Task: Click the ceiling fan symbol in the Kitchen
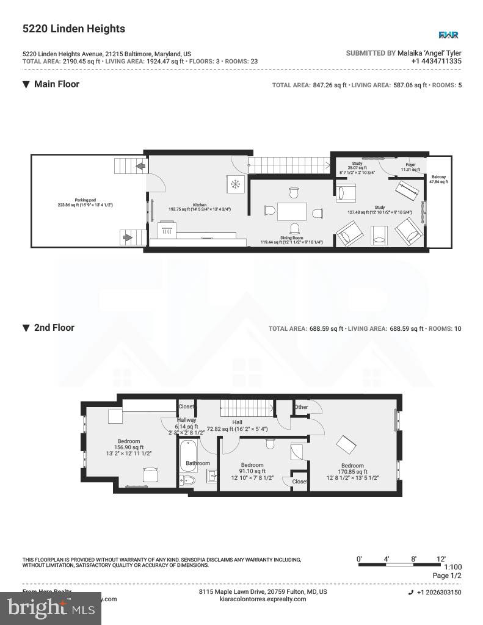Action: tap(234, 183)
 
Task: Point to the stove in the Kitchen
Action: tap(166, 231)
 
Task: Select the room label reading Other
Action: tap(301, 407)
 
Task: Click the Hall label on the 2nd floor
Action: tap(237, 422)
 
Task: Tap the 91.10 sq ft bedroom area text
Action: tap(252, 471)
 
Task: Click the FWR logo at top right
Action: tap(448, 35)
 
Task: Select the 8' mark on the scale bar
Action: tap(413, 558)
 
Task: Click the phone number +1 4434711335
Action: tap(436, 61)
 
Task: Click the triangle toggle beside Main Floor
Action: tap(26, 85)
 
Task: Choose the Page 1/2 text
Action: tap(447, 576)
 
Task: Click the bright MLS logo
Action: tap(51, 608)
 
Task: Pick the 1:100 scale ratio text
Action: tap(452, 567)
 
